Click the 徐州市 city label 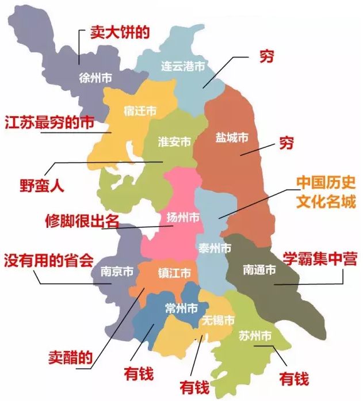click(95, 78)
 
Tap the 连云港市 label click(182, 67)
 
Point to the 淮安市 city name click(175, 141)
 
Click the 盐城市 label click(232, 138)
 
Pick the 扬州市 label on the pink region click(182, 217)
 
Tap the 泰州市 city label click(215, 248)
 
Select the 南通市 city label click(259, 269)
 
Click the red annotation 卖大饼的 click(121, 32)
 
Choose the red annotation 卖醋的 click(69, 357)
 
